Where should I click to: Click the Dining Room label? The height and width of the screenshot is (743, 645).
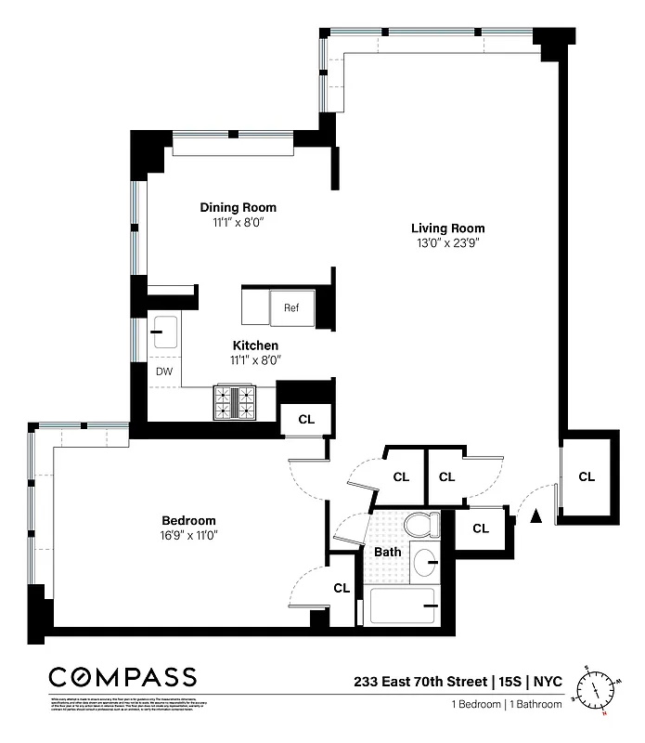tap(238, 207)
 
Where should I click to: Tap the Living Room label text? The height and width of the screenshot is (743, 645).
tap(447, 228)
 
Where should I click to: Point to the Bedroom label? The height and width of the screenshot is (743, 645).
tap(188, 520)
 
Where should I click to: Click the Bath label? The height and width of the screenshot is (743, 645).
tap(387, 552)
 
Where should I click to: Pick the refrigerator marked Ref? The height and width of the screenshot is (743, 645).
tap(291, 306)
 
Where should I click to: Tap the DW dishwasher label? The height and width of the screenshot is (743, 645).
tap(163, 371)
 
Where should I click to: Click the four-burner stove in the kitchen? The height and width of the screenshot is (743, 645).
tap(235, 401)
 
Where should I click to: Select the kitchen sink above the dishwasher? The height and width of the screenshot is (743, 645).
tap(165, 329)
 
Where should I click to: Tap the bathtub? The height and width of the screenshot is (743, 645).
tap(404, 606)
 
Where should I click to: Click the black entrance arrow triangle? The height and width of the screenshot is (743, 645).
tap(535, 515)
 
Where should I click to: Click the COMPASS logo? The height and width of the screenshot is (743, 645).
tap(123, 676)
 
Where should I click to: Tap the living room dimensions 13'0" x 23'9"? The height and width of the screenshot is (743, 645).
tap(447, 243)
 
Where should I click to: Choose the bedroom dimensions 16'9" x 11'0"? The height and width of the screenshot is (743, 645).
tap(188, 535)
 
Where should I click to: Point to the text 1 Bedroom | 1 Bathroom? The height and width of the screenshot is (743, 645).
tap(507, 704)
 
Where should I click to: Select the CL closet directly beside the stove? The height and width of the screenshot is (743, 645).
tap(306, 419)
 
